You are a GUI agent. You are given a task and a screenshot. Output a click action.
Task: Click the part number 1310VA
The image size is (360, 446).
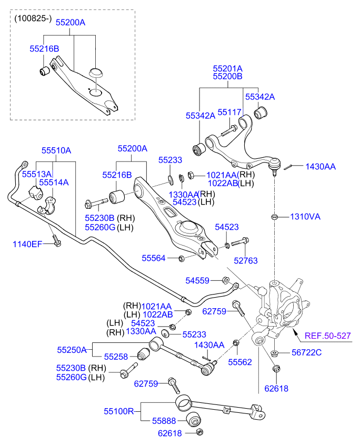point(305,217)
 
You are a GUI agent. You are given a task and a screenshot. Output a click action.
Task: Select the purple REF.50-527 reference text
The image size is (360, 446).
point(327,335)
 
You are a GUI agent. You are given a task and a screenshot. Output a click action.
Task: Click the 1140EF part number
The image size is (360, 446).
point(27,244)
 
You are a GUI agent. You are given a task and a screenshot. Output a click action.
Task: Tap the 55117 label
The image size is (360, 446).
point(229,112)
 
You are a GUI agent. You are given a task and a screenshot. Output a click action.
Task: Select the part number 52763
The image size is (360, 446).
point(246,260)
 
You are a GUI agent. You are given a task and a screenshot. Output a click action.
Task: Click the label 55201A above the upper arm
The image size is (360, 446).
point(227,68)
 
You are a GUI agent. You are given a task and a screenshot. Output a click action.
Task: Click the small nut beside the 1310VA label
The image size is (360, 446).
point(274,217)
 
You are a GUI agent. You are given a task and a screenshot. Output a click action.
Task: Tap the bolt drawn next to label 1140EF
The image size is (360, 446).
point(55,239)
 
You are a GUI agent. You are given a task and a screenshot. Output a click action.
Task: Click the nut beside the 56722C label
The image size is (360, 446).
point(275,353)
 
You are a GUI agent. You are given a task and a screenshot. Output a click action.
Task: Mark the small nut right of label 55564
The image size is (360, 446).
point(182,258)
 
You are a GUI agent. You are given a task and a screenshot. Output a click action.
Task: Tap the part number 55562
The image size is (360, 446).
point(239,362)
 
